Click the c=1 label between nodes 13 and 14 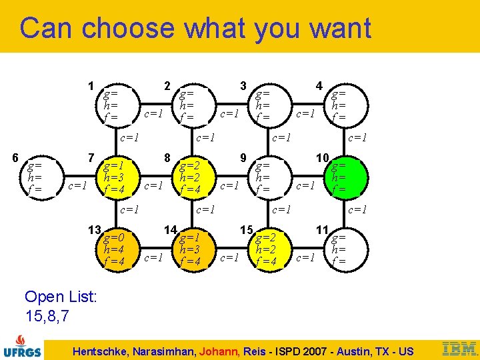pyautogui.click(x=154, y=257)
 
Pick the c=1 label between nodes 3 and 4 pyautogui.click(x=305, y=113)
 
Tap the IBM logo pyautogui.click(x=459, y=347)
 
